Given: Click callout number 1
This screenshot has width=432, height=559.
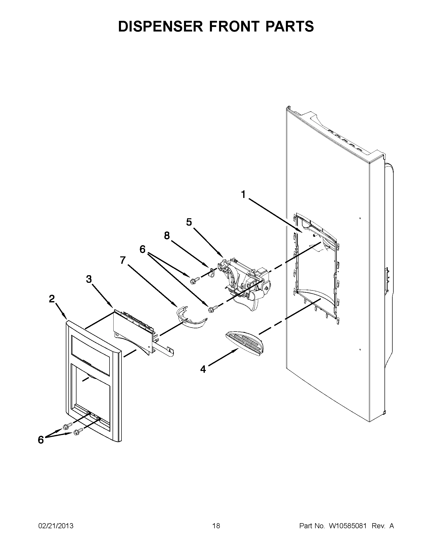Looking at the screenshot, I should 243,195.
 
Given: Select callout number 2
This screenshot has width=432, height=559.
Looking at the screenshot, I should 52,299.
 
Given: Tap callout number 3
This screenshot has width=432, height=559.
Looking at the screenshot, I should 89,279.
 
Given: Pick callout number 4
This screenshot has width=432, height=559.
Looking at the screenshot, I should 203,369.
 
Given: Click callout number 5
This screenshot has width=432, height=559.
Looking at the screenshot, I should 189,222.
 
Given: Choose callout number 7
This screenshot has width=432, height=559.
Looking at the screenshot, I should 123,260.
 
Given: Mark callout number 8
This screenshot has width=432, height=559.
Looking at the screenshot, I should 167,236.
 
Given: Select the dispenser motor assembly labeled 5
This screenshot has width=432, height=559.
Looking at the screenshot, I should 246,282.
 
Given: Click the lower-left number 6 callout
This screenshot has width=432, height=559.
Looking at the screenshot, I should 41,440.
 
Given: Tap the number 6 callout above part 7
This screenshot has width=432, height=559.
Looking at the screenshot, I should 142,249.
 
